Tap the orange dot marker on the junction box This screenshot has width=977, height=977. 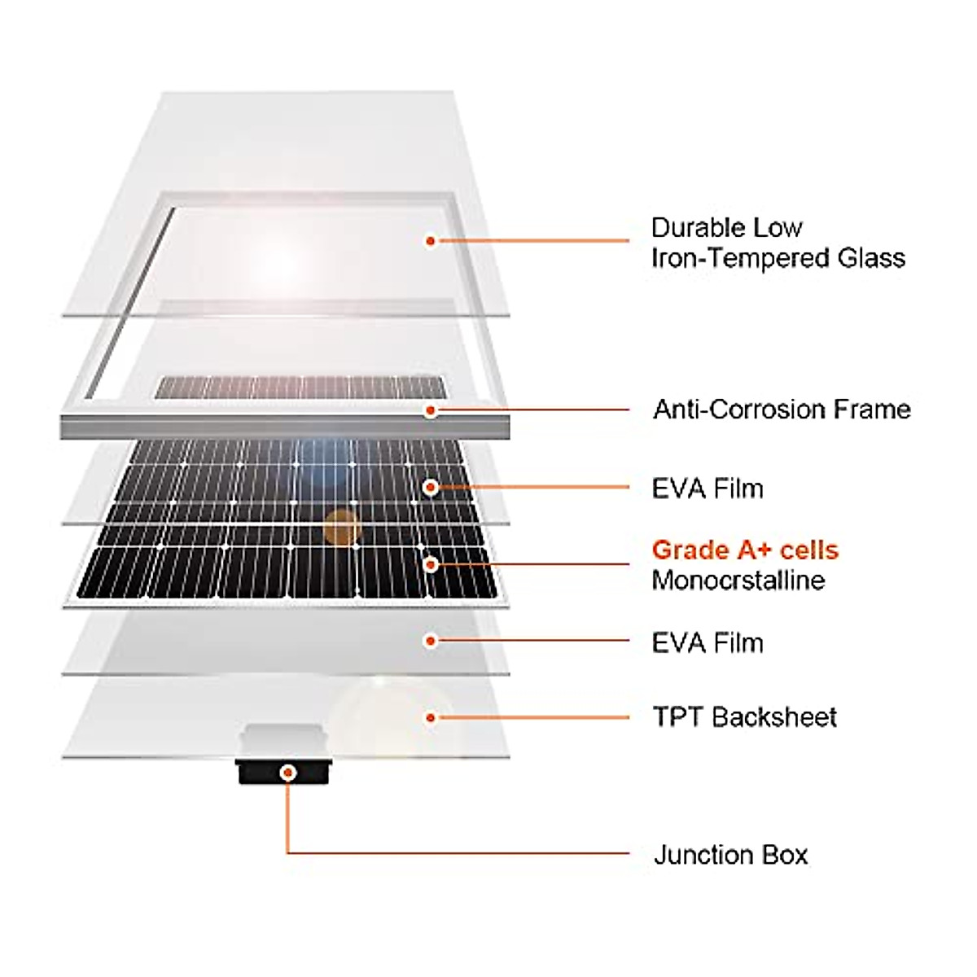click(x=287, y=772)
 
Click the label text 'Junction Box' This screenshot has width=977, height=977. click(x=730, y=855)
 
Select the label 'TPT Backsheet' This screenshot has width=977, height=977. click(x=744, y=717)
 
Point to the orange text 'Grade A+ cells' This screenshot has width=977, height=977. click(x=745, y=550)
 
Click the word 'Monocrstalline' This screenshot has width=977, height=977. click(x=738, y=581)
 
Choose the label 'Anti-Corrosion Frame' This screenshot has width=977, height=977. click(x=782, y=409)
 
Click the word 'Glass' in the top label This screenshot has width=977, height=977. click(x=872, y=258)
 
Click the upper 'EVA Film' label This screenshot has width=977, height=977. click(x=708, y=488)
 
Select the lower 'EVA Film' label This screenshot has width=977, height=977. click(x=708, y=642)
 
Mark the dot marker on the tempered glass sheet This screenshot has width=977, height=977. click(x=431, y=241)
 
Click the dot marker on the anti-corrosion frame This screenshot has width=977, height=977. click(x=431, y=410)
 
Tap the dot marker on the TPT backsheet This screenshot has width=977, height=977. click(x=431, y=717)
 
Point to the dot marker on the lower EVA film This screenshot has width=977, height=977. click(x=431, y=641)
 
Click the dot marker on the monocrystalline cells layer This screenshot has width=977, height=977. click(x=431, y=563)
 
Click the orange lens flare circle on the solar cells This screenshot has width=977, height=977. click(x=341, y=528)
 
